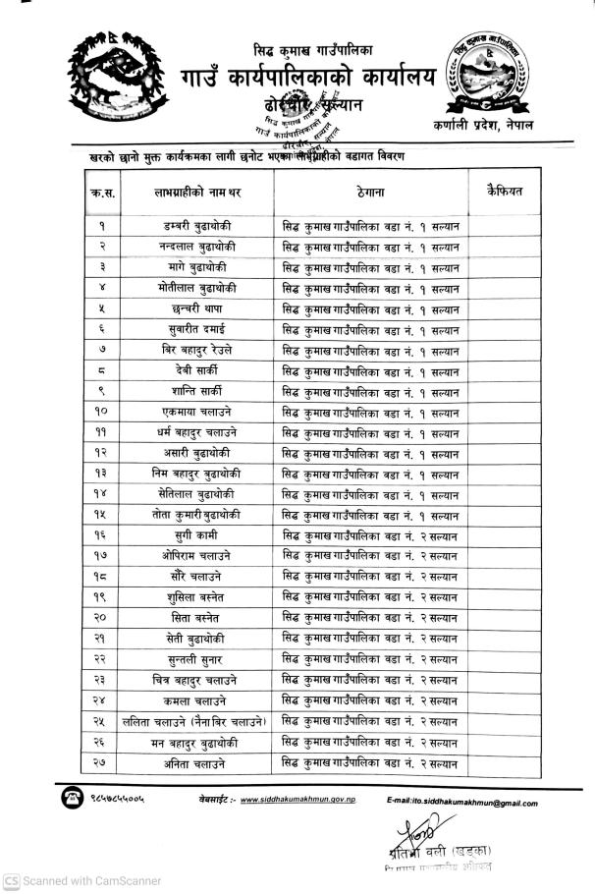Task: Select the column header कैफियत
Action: pos(504,191)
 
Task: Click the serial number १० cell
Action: pos(102,412)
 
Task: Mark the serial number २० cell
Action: pos(102,618)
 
